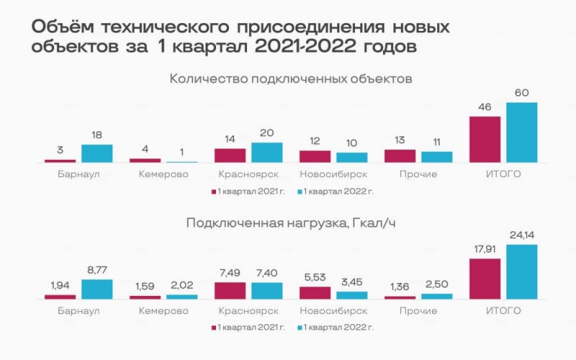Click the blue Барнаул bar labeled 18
(x=97, y=153)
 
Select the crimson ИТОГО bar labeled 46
(x=485, y=139)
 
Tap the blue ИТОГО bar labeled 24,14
(x=522, y=271)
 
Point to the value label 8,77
(x=97, y=271)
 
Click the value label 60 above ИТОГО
(x=522, y=94)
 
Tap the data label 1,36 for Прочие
(x=400, y=287)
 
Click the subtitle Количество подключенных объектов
(x=290, y=78)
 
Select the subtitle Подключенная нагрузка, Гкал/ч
(x=290, y=223)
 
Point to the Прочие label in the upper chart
(x=418, y=174)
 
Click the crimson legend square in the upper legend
(x=214, y=192)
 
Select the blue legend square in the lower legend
(x=299, y=328)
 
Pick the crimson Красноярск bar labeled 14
(x=230, y=155)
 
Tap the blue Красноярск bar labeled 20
(x=267, y=152)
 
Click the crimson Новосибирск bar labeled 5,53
(x=315, y=292)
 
